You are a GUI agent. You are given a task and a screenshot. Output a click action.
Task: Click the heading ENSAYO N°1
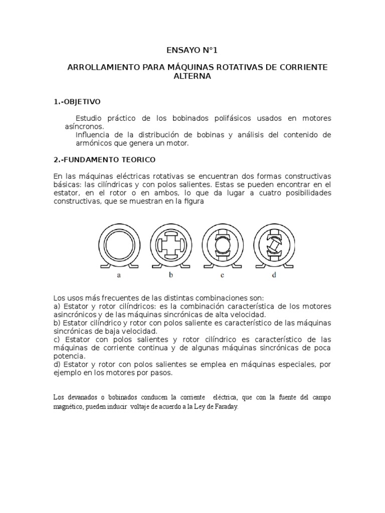point(192,51)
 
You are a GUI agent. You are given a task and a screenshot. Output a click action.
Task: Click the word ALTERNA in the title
point(192,77)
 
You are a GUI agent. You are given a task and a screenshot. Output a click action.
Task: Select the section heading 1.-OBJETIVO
point(77,102)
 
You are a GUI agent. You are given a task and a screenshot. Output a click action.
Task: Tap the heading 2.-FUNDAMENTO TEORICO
point(104,160)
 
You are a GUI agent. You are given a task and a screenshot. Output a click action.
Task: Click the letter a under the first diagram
point(119,275)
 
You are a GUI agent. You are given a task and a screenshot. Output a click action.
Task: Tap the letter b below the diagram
point(170,275)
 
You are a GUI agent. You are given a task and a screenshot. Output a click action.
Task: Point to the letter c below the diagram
point(222,275)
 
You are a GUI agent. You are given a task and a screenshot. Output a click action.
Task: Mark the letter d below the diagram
point(274,275)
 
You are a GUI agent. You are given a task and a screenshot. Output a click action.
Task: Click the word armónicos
point(94,143)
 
